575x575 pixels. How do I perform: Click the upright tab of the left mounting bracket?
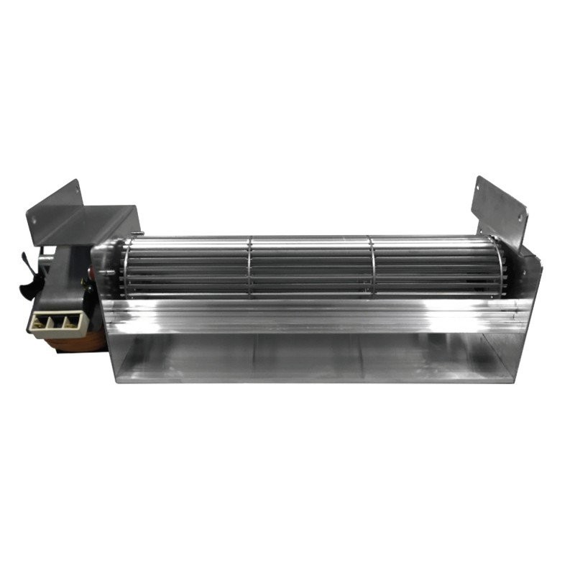(55, 201)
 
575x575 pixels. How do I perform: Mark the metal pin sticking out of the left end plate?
(108, 272)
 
